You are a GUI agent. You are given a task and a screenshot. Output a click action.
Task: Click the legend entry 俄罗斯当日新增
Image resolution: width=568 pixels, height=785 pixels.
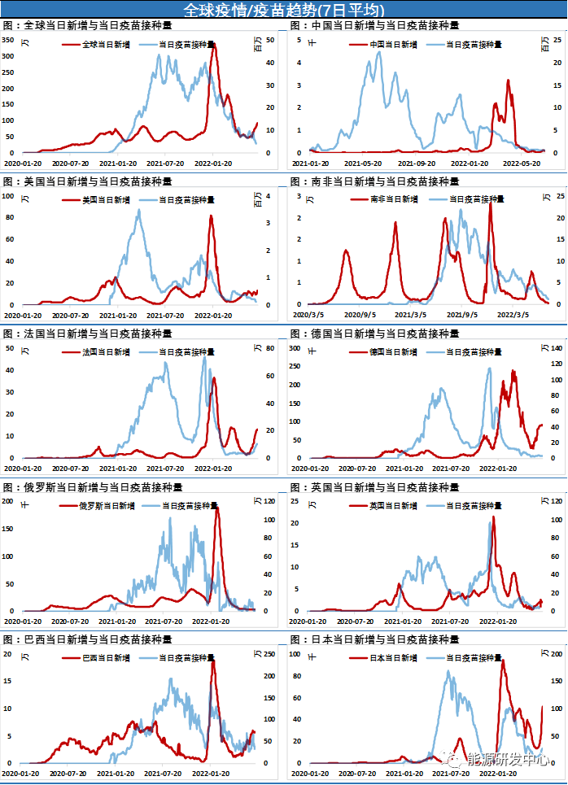pyautogui.click(x=107, y=505)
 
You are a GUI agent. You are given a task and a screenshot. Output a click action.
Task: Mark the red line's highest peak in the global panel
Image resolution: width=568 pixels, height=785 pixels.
pyautogui.click(x=213, y=44)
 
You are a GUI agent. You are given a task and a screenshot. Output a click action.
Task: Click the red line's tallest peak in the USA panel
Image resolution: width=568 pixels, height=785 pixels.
pyautogui.click(x=212, y=216)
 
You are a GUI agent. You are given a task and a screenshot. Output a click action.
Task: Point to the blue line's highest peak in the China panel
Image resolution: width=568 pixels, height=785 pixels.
pyautogui.click(x=378, y=52)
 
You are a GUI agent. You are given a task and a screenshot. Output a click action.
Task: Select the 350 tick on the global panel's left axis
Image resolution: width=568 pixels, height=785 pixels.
pyautogui.click(x=8, y=55)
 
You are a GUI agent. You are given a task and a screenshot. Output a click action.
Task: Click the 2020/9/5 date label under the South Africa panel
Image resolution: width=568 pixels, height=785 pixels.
pyautogui.click(x=357, y=313)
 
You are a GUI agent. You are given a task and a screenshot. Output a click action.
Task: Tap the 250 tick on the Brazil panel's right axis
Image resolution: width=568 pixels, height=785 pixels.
pyautogui.click(x=271, y=654)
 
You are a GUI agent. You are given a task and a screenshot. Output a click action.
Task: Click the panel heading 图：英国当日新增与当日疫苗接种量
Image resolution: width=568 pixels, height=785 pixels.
pyautogui.click(x=374, y=487)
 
